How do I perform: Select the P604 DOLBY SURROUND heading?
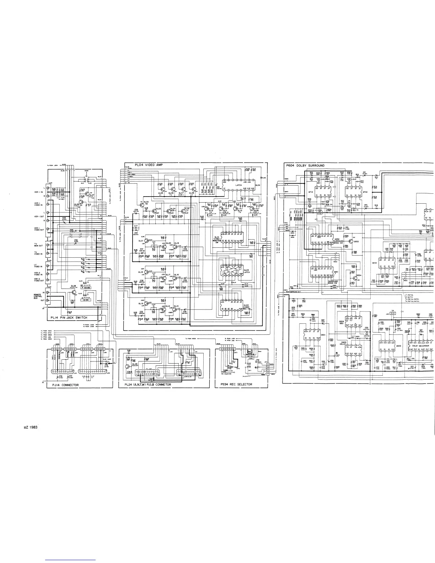click(x=305, y=165)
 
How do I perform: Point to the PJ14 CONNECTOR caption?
click(x=65, y=385)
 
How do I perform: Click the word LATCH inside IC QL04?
click(x=239, y=185)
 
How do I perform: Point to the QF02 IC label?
click(x=366, y=192)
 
